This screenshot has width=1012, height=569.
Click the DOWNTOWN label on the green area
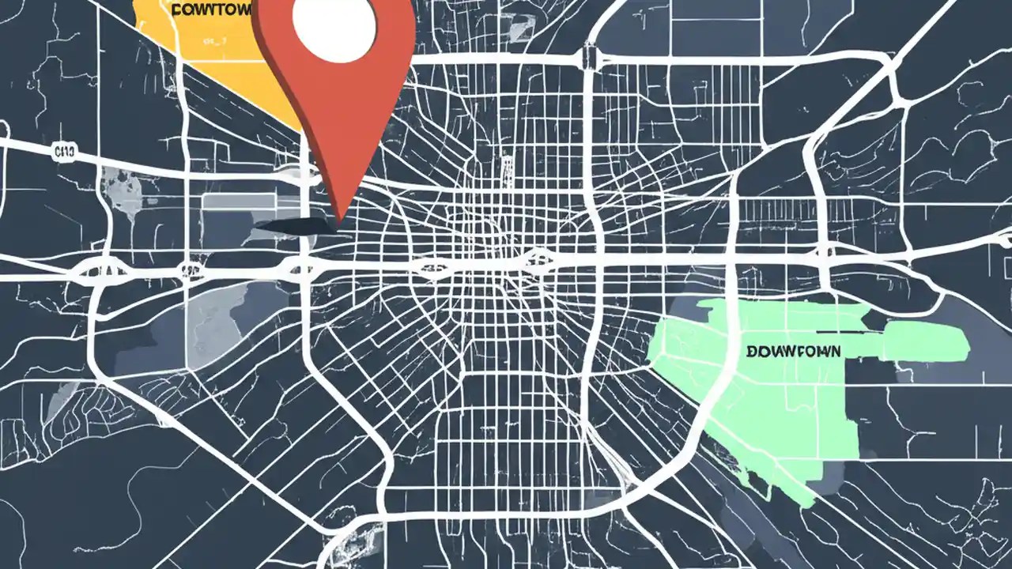click(x=793, y=349)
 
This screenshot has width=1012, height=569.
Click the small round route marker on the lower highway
click(x=188, y=273)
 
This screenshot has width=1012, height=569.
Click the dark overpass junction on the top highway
click(x=589, y=57)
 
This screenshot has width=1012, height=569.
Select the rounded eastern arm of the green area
click(x=925, y=341)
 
